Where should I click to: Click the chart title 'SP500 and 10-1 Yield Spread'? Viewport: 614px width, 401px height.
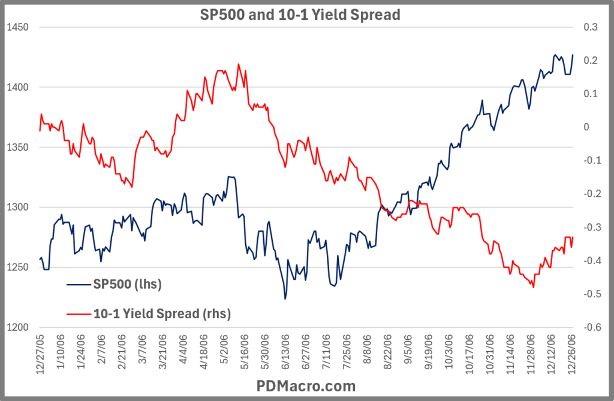pos(299,14)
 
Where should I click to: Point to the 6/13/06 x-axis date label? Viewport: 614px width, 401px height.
pos(285,354)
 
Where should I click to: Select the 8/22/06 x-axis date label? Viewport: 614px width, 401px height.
pos(387,354)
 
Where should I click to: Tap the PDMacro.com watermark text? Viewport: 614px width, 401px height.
pos(306,385)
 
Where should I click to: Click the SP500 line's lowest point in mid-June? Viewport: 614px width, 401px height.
pos(285,299)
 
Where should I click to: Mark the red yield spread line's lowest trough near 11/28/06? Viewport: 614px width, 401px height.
pos(533,288)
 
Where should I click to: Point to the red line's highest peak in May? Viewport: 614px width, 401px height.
pos(239,64)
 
